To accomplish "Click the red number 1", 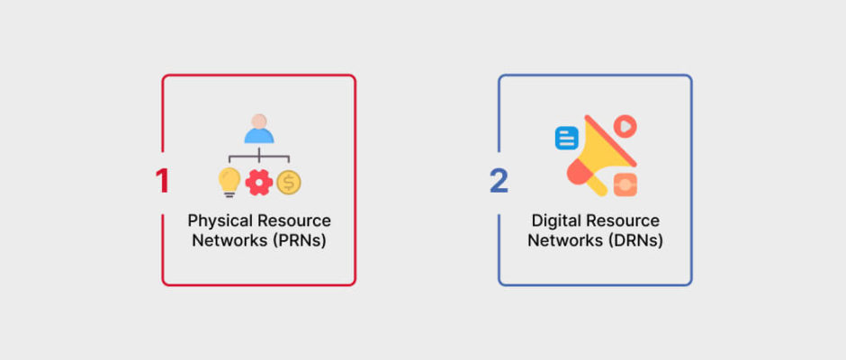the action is point(162,181).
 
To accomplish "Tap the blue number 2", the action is point(499,181).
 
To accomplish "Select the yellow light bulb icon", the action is point(229,182).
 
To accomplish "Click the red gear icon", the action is point(259,183).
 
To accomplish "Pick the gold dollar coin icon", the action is point(289,183).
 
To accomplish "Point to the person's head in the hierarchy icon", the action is point(259,121).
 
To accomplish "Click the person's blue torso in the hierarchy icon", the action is point(259,136).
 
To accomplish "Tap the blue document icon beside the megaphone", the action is point(566,139).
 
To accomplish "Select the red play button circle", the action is point(625,126).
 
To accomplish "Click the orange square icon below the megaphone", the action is point(625,184).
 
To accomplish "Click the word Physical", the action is point(220,221).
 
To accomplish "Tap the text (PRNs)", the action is point(300,240).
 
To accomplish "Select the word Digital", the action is point(556,221).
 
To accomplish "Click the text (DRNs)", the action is point(636,240).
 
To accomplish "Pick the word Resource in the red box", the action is point(294,220).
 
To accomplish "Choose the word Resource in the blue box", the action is point(623,220).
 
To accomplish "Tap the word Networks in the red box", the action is point(230,240).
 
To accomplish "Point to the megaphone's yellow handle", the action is point(598,185).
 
